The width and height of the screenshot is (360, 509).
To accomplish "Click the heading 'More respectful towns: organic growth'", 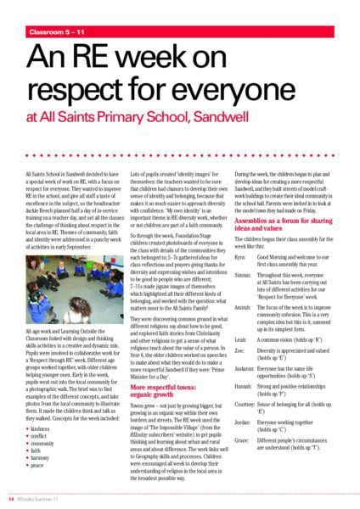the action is [x=162, y=389].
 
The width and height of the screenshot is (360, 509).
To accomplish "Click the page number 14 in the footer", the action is [x=12, y=499].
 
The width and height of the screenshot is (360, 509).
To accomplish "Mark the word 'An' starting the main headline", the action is [x=47, y=59].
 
